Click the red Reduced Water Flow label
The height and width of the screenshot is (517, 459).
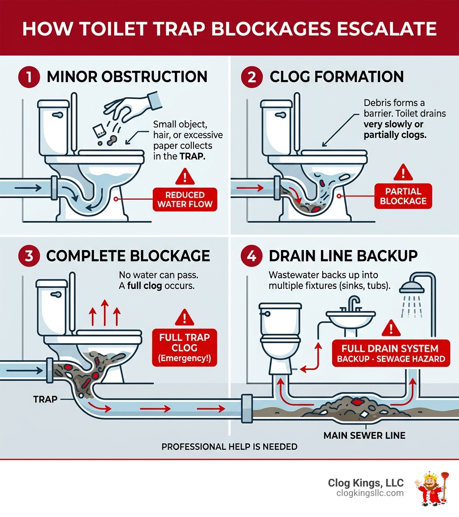[x=185, y=200]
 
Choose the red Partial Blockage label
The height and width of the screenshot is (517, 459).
[x=403, y=196]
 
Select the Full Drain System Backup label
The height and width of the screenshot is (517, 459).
[x=390, y=353]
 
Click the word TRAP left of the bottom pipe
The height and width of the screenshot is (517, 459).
[x=45, y=398]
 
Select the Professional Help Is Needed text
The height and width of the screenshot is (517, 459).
[x=229, y=447]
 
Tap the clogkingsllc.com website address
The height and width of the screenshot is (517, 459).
[x=370, y=493]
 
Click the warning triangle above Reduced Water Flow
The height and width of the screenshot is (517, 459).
[x=185, y=177]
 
